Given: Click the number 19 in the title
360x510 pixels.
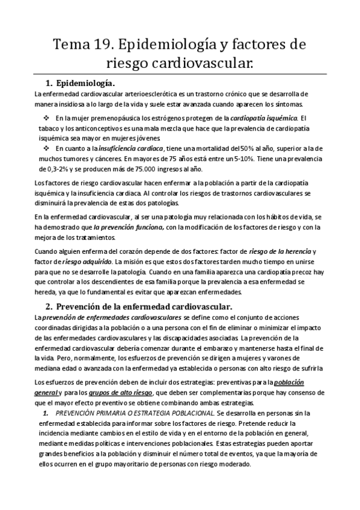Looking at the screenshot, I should [103, 45].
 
